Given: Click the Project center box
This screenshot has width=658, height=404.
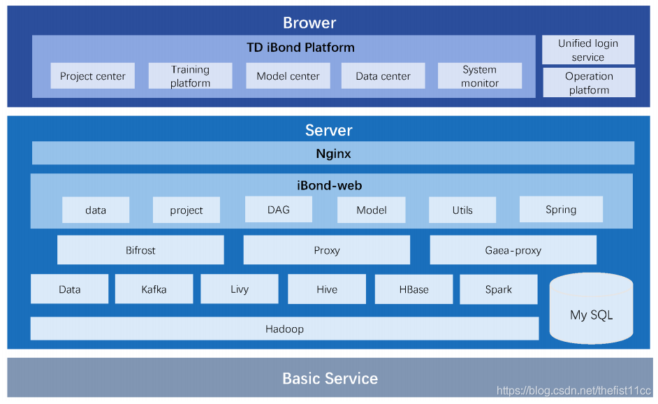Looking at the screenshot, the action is click(92, 75).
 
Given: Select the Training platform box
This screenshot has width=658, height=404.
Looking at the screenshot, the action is click(190, 75).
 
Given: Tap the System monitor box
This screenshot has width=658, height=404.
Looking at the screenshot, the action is click(480, 75).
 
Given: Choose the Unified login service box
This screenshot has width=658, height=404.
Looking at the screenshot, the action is click(588, 50).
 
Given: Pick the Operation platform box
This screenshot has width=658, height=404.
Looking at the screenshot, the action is click(589, 82).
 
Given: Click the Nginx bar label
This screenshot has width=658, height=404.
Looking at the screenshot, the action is click(333, 153).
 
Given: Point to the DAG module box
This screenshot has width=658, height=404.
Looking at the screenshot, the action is click(279, 209).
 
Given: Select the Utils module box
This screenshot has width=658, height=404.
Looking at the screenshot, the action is click(462, 210).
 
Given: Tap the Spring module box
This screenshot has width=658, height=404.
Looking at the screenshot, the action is click(561, 209).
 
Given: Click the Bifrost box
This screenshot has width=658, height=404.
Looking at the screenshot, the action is click(140, 250).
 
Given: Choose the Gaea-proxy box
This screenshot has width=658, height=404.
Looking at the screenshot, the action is click(513, 250).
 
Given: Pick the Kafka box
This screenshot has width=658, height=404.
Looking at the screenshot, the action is click(154, 289).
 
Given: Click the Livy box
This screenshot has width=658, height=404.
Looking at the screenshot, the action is click(239, 289).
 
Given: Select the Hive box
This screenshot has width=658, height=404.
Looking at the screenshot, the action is click(327, 289).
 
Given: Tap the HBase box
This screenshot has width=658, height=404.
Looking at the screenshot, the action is click(414, 289).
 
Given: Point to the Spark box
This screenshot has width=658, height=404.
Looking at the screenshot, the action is click(499, 289).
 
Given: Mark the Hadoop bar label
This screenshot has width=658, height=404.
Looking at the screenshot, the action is click(284, 329).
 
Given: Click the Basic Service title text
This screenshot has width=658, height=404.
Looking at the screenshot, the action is click(330, 378).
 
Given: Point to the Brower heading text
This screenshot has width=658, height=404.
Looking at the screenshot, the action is click(309, 22).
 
